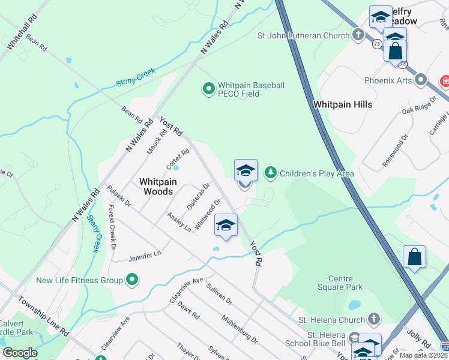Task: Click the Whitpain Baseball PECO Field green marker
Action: tap(208, 90)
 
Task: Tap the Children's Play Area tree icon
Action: tap(271, 173)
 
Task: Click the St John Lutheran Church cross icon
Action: tap(358, 35)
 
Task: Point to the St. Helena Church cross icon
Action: tap(373, 319)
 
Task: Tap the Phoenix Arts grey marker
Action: tap(421, 80)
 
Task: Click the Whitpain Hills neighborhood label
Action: tap(343, 104)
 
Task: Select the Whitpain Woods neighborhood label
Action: tap(156, 186)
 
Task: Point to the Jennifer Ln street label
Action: tap(145, 256)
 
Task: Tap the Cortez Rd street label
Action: tap(178, 158)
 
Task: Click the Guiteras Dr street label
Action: tap(197, 196)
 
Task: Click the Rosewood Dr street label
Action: tap(395, 150)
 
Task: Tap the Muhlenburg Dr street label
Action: tap(240, 329)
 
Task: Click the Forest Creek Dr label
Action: tap(112, 226)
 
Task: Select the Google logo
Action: tap(20, 353)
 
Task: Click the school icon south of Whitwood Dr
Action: tap(226, 226)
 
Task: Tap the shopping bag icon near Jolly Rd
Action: tap(414, 258)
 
